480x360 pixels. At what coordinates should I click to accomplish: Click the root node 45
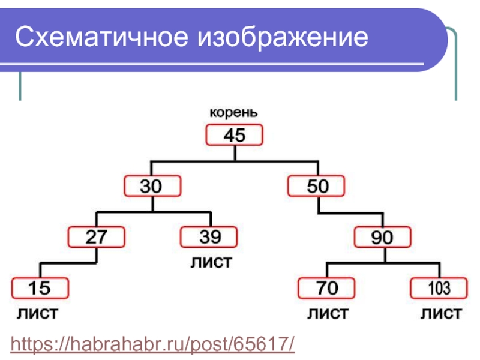(235, 136)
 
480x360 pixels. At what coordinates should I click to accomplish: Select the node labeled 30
(152, 187)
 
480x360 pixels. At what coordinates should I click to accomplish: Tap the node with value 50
(317, 187)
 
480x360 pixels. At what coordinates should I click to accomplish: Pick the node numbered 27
(97, 238)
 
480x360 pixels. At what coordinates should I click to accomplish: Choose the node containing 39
(209, 238)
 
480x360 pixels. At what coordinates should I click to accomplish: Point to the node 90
(383, 238)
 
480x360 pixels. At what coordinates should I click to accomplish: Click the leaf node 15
(40, 289)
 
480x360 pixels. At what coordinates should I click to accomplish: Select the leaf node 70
(327, 289)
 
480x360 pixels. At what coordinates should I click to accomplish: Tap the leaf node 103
(439, 289)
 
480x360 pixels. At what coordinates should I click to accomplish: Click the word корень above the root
(233, 112)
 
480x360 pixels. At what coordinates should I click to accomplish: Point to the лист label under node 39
(211, 262)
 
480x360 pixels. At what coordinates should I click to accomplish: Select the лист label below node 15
(37, 313)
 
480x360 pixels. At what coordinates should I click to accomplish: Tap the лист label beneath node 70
(328, 313)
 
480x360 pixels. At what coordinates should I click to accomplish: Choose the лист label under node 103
(440, 313)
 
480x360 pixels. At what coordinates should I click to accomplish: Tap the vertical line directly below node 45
(235, 153)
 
